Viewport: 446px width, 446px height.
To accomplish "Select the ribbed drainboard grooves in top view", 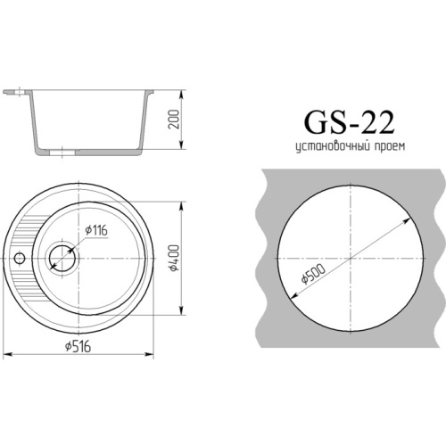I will (x=29, y=241).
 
